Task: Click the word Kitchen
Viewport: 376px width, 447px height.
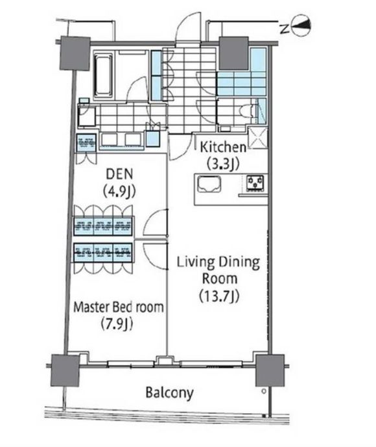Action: (223, 147)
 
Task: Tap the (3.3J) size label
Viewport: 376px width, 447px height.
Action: (223, 164)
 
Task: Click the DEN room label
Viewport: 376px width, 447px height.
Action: (119, 174)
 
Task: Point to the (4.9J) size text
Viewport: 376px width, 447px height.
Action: (119, 191)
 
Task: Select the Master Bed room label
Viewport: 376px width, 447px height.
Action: (119, 307)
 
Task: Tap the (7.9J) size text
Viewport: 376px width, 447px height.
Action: (117, 324)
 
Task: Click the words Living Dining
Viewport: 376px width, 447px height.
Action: (218, 262)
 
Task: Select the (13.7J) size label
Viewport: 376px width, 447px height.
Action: (219, 296)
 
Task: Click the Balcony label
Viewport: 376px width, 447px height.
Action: (169, 393)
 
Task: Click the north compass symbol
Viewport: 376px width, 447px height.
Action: (301, 25)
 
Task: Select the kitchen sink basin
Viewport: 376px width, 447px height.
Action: (209, 184)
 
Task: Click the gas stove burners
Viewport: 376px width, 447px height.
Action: (255, 183)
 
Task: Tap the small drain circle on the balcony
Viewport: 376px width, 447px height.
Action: (264, 391)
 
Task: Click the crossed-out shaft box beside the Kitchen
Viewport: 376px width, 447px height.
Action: (257, 138)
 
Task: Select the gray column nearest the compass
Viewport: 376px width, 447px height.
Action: (233, 53)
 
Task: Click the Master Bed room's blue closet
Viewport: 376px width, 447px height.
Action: (103, 252)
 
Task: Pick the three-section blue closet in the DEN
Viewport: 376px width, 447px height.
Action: (103, 226)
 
